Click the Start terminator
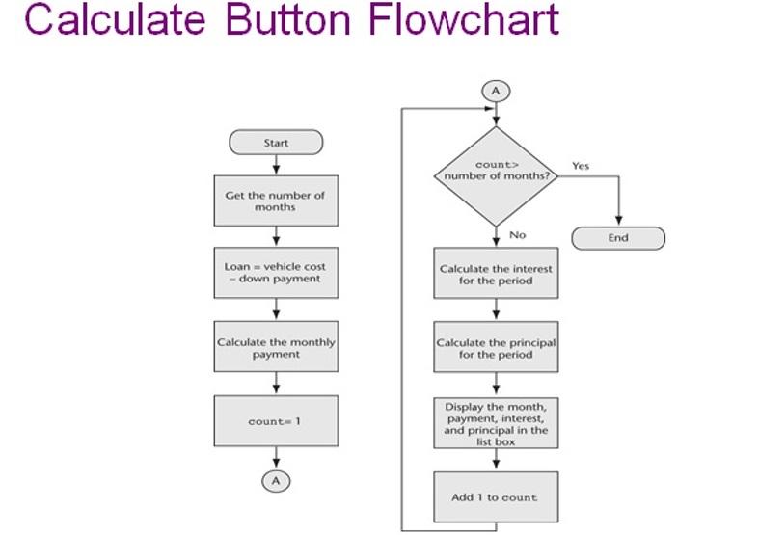tap(276, 143)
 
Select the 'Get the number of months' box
tap(276, 201)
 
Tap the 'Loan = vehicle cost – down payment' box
tap(276, 273)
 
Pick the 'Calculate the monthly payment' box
tap(276, 347)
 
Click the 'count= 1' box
tap(276, 421)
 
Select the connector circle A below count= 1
tap(276, 480)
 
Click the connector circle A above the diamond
tap(496, 91)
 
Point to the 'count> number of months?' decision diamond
tap(496, 174)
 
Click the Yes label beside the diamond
tap(581, 166)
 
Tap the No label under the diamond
tap(517, 235)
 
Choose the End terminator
tap(618, 238)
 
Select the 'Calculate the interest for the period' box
tap(496, 275)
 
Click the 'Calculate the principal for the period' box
tap(496, 348)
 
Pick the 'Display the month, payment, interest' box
tap(496, 423)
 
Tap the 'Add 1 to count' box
tap(496, 497)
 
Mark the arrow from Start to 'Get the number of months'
tap(276, 165)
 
